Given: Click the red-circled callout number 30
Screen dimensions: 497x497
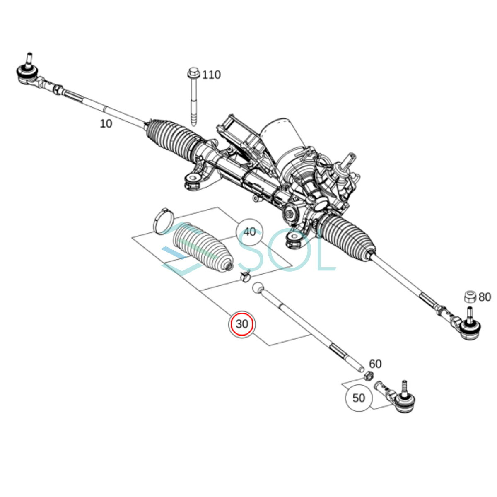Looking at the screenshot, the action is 241,324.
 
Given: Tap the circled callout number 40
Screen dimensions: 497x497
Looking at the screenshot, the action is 249,232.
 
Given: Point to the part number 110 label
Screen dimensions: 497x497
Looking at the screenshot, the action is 211,75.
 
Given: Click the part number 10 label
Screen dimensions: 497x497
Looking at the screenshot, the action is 106,124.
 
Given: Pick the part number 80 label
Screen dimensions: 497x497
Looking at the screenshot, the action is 485,297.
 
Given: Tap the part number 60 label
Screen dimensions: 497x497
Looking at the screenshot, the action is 375,364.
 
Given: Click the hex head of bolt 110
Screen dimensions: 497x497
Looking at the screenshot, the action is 193,73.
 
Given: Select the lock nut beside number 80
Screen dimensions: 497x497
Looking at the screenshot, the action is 470,297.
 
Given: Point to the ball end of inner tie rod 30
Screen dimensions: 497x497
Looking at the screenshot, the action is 258,288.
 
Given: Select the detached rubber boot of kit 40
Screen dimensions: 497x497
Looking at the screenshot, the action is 203,247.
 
